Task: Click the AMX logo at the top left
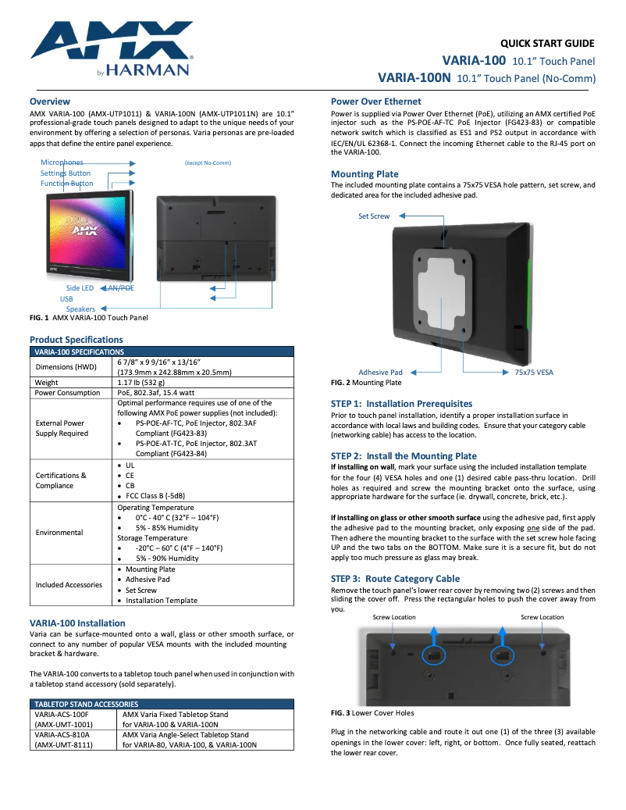[109, 49]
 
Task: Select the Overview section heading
[50, 102]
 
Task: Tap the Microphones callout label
[62, 162]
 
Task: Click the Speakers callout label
[80, 309]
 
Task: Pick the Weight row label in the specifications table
[47, 383]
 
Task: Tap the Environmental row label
[59, 533]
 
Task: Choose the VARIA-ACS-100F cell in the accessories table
[62, 714]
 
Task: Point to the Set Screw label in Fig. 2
[374, 216]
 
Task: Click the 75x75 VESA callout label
[534, 373]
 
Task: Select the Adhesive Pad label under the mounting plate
[380, 373]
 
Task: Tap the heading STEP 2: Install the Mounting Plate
[404, 455]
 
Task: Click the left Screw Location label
[394, 617]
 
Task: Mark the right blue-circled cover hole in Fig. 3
[503, 653]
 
